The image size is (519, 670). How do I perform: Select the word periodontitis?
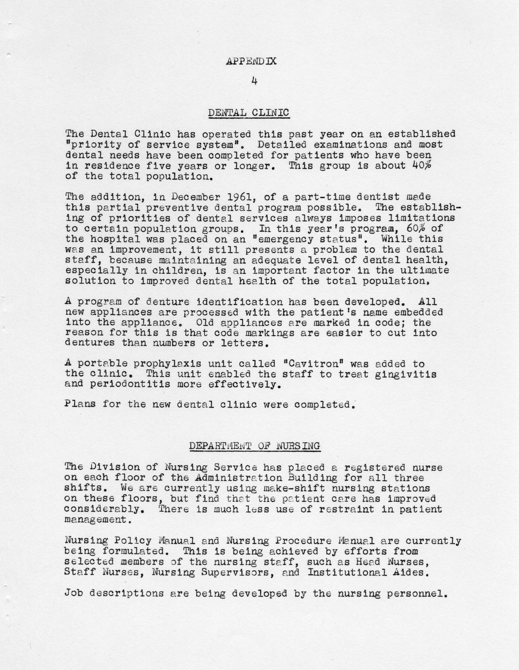(130, 384)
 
